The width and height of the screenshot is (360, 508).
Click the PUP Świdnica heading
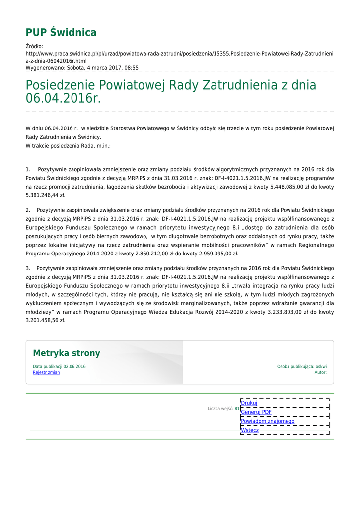[61, 33]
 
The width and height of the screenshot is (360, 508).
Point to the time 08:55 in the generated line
[132, 68]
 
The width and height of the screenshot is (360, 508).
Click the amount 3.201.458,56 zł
[45, 320]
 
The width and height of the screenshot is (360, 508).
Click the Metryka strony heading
[67, 353]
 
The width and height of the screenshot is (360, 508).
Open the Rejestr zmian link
[46, 372]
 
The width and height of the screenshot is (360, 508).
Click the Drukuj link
[249, 403]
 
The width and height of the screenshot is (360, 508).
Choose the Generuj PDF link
[256, 412]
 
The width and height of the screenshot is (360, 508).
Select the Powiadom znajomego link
[268, 421]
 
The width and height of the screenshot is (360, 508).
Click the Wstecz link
[250, 430]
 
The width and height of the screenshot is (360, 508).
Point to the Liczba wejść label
[220, 409]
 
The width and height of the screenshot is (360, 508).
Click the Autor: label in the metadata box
[320, 372]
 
